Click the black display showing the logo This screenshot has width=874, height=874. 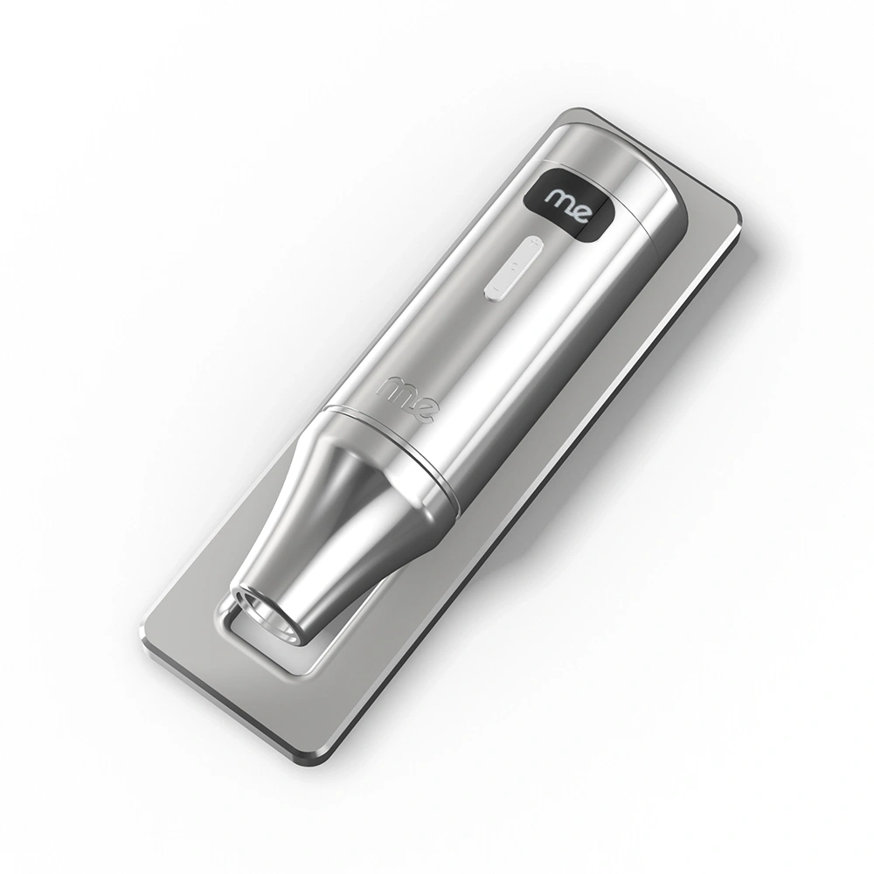click(569, 205)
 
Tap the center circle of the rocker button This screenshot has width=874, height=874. click(515, 266)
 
